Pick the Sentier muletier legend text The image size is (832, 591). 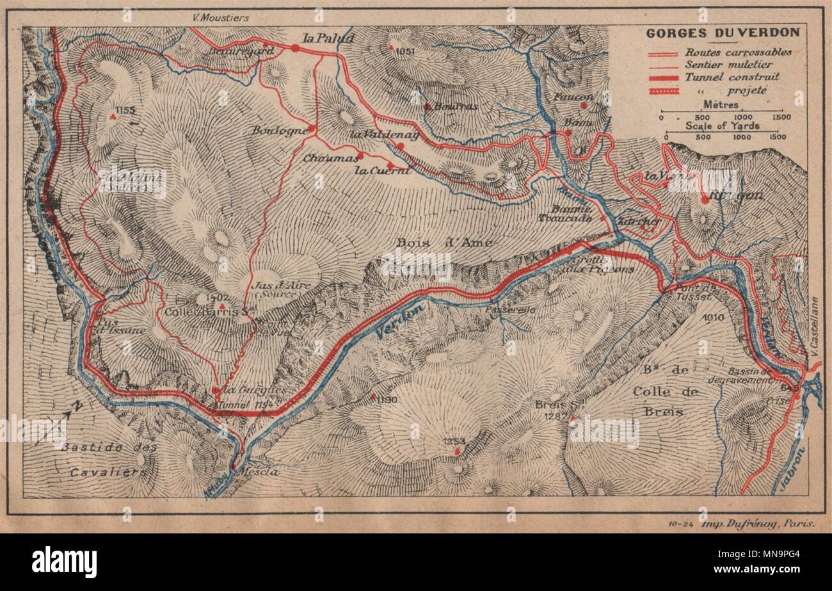coord(728,64)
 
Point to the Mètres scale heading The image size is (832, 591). coord(721,104)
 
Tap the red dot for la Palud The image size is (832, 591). coord(295,47)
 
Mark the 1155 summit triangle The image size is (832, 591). coord(113,118)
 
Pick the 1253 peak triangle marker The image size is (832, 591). coord(456,452)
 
